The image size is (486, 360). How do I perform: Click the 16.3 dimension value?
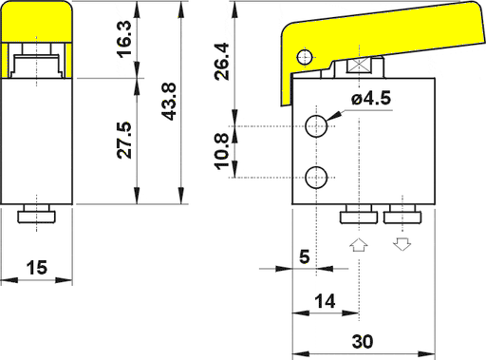click(x=125, y=41)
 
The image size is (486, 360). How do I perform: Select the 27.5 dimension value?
click(x=125, y=139)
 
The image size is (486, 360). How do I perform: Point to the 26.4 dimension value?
click(x=221, y=61)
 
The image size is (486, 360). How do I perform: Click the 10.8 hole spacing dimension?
click(x=221, y=152)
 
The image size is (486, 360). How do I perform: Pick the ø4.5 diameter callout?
click(x=370, y=98)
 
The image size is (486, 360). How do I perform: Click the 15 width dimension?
click(x=37, y=268)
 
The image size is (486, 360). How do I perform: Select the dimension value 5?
click(x=304, y=256)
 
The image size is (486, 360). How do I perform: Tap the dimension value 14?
click(x=325, y=301)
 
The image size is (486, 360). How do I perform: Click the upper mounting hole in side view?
click(x=318, y=125)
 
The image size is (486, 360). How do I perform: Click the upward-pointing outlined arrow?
click(x=358, y=245)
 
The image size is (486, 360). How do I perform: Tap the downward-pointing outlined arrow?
click(x=402, y=245)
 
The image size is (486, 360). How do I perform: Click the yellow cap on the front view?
click(x=37, y=24)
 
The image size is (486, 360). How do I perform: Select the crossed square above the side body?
click(x=359, y=67)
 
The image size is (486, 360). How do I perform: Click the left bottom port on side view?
click(x=360, y=216)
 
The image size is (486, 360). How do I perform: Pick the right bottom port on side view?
click(x=403, y=216)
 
